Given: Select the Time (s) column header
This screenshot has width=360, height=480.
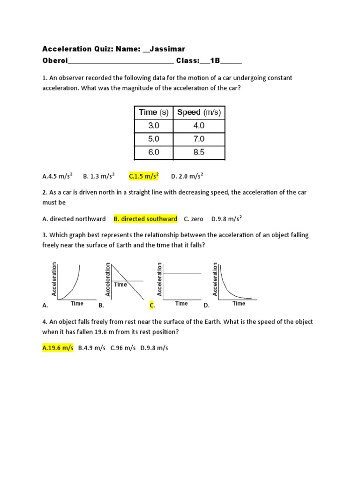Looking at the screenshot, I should pyautogui.click(x=153, y=112).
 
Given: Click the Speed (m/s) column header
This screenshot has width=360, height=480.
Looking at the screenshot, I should pyautogui.click(x=199, y=112).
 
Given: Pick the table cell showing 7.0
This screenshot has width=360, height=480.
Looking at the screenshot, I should pyautogui.click(x=199, y=139).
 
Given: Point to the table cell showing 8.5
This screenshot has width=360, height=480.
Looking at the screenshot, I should pyautogui.click(x=199, y=152).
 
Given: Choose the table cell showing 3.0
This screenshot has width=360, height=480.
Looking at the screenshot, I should pyautogui.click(x=154, y=126).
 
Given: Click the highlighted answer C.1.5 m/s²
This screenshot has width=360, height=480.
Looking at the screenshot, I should pyautogui.click(x=144, y=176).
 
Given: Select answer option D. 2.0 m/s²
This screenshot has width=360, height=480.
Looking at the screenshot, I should pyautogui.click(x=187, y=176).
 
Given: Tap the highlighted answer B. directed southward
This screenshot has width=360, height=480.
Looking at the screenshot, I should pyautogui.click(x=145, y=219).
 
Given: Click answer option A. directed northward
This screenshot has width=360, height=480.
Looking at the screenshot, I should pyautogui.click(x=74, y=219).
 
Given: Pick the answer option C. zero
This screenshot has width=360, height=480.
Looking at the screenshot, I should pyautogui.click(x=194, y=219).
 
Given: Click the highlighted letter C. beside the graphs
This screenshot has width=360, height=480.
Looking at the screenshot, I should pyautogui.click(x=152, y=305).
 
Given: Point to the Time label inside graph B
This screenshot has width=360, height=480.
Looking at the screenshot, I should pyautogui.click(x=120, y=285).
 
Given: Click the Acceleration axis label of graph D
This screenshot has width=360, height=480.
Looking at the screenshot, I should pyautogui.click(x=215, y=279).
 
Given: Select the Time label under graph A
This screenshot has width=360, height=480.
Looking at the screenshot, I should pyautogui.click(x=77, y=303).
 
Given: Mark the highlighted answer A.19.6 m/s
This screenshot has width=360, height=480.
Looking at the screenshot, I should pyautogui.click(x=58, y=348).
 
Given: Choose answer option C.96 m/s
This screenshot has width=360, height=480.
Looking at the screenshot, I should pyautogui.click(x=123, y=348).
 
